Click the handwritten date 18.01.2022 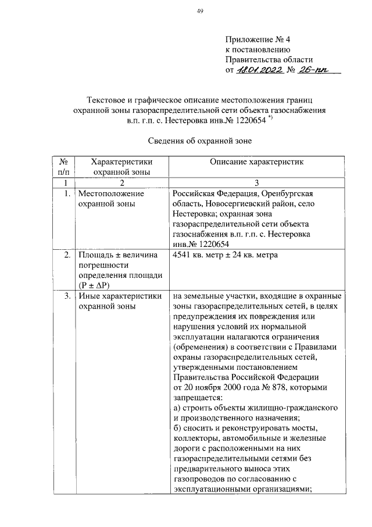pyautogui.click(x=262, y=70)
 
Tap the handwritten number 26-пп pyautogui.click(x=314, y=70)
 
